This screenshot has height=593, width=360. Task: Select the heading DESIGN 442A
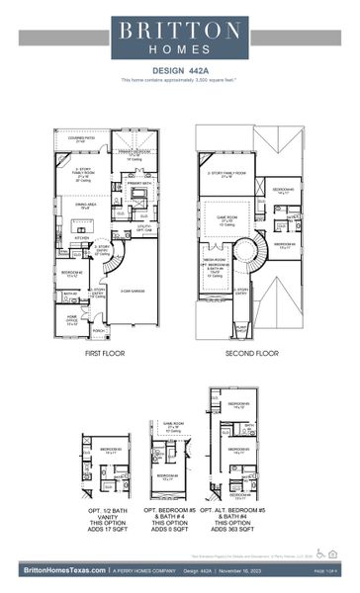pos(179,70)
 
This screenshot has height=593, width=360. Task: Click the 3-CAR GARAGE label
pos(134,291)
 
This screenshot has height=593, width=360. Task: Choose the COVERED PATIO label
pos(82,142)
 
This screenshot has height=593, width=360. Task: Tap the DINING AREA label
pos(85,208)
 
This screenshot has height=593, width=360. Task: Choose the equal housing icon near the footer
pos(333,554)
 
